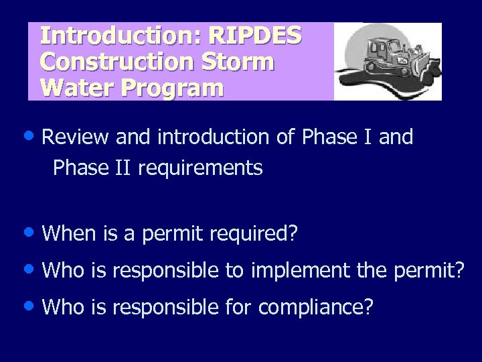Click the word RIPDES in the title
[255, 36]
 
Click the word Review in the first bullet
[75, 137]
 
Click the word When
[70, 234]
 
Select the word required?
[253, 234]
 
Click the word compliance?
[315, 308]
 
